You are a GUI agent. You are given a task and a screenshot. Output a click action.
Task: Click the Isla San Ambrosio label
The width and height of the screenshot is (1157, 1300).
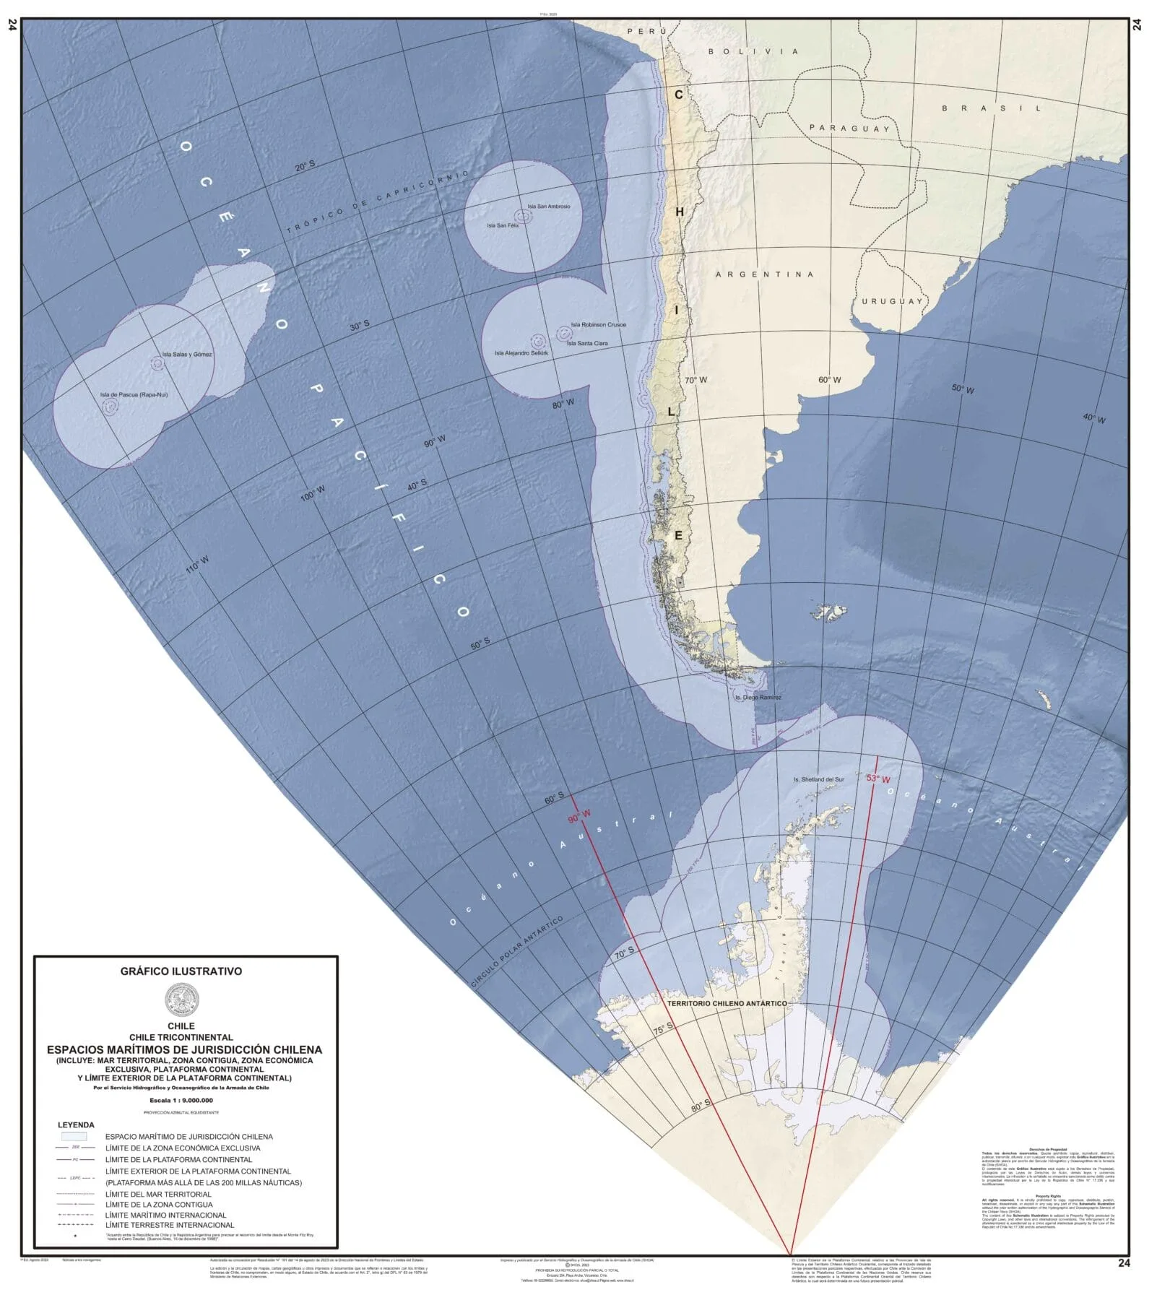(548, 207)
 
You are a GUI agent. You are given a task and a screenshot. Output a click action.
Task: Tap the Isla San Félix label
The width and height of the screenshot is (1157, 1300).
(502, 225)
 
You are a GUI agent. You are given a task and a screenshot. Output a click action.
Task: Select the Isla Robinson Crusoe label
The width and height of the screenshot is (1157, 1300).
(598, 325)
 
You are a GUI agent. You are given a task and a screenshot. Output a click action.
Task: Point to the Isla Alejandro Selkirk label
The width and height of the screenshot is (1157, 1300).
(521, 353)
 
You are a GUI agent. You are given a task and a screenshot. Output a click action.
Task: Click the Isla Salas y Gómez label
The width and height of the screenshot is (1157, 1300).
(187, 355)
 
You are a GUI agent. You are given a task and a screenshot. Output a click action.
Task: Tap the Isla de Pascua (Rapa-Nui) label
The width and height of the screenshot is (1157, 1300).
(134, 395)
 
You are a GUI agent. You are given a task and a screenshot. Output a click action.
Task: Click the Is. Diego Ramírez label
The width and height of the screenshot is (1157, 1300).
(758, 698)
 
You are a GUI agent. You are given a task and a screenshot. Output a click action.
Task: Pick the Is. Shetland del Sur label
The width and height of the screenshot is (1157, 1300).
(818, 780)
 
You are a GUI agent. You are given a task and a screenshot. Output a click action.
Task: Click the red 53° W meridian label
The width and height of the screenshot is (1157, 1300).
(877, 779)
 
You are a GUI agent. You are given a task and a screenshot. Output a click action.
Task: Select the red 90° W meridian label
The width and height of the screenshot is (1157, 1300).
(578, 816)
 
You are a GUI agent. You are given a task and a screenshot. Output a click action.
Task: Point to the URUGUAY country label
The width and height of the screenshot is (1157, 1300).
(892, 301)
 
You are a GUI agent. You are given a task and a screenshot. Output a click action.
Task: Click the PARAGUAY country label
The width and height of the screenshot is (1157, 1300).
(849, 128)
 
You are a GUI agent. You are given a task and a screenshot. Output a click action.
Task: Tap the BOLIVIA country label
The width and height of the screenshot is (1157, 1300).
(753, 51)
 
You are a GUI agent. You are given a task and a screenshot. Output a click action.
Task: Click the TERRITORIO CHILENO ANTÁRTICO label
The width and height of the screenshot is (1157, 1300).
(727, 1004)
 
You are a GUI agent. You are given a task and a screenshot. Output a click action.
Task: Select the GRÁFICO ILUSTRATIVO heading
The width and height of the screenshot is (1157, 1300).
(181, 971)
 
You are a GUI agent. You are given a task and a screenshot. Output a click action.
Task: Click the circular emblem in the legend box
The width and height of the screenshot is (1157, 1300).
(181, 1001)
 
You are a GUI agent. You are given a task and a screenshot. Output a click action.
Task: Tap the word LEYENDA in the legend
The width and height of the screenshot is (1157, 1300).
(76, 1125)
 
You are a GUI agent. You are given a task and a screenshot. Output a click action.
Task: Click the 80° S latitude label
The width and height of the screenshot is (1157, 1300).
(700, 1106)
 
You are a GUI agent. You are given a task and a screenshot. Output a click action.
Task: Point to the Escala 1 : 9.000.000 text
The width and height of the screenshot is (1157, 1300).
(181, 1101)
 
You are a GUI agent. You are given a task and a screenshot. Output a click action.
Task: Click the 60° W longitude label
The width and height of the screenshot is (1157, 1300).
(829, 380)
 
